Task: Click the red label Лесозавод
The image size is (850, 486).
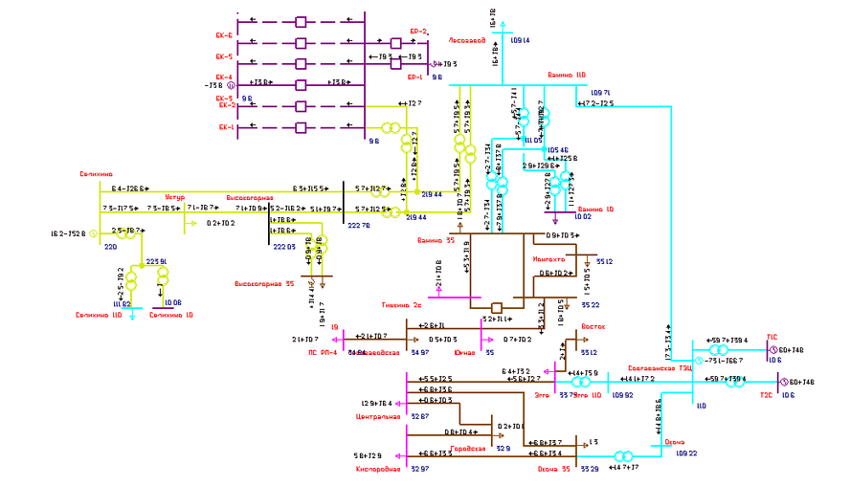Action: (x=467, y=40)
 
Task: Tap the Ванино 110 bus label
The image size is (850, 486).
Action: (x=566, y=74)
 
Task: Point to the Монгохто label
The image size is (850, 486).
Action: (x=548, y=259)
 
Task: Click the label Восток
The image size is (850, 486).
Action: (x=593, y=326)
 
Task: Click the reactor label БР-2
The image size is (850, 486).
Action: (x=418, y=32)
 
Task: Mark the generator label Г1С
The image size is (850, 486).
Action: (x=772, y=337)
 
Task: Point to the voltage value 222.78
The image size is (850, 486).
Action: (x=358, y=226)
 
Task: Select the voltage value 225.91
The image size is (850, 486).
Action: (x=157, y=261)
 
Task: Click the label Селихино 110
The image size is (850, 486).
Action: (x=97, y=315)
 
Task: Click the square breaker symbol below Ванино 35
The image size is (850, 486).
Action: (x=497, y=308)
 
